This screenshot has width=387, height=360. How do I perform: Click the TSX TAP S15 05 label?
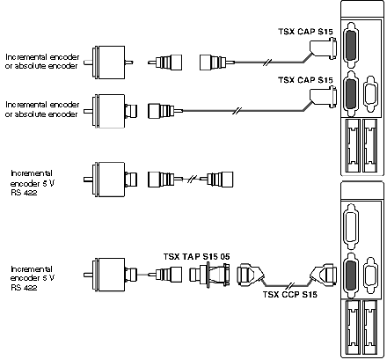tap(196, 257)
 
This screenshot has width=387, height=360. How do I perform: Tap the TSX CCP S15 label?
tap(289, 294)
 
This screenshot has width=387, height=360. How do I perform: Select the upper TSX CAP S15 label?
tap(305, 32)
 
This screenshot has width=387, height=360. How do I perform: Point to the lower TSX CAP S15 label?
tap(305, 80)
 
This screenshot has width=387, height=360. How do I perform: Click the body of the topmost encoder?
tap(108, 62)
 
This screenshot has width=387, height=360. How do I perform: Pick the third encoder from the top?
tap(110, 180)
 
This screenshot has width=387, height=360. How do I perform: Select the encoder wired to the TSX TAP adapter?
tap(110, 275)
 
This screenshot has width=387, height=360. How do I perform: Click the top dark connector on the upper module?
tap(351, 45)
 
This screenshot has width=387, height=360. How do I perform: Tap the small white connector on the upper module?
tap(370, 94)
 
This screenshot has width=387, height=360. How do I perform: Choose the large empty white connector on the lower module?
tap(351, 226)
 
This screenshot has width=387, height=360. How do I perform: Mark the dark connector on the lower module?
tap(351, 276)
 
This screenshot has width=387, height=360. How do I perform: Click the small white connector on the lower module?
tap(370, 276)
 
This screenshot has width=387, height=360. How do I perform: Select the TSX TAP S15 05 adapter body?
tap(209, 275)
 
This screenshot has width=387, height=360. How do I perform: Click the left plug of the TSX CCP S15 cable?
tap(251, 275)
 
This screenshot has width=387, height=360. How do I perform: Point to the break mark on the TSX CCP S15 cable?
tap(291, 285)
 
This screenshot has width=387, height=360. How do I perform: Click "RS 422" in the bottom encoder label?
tap(24, 287)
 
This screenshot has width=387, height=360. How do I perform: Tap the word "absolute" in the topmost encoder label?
tap(30, 66)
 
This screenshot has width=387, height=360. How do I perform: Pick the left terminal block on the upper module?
tap(353, 145)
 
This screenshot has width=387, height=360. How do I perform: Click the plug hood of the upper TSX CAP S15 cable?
tap(323, 48)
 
